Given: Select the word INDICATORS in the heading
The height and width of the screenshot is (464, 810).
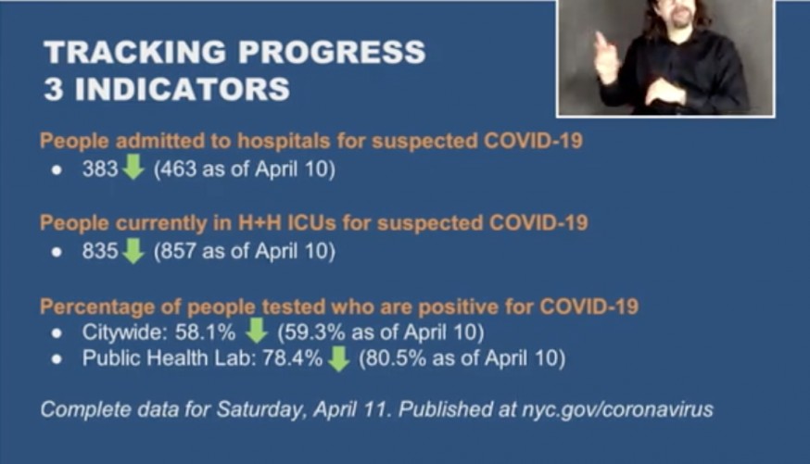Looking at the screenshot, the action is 183,89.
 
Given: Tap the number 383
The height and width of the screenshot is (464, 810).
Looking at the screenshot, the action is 100,169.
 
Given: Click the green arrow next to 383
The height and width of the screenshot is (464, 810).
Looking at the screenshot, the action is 133,168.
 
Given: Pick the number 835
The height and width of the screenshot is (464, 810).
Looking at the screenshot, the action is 100,251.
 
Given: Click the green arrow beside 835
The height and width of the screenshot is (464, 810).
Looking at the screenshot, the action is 133,251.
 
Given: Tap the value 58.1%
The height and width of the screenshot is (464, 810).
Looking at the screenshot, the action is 205,332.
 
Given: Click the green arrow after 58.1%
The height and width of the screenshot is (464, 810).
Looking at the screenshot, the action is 256,331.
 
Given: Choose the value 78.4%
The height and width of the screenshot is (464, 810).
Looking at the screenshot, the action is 292,358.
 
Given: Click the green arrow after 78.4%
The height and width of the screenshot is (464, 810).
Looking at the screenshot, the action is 338,358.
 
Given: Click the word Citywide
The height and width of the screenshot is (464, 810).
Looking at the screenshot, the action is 124,332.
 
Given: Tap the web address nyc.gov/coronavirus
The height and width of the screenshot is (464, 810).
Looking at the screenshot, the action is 617,409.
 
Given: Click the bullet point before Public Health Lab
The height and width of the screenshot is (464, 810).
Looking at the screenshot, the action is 57,359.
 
